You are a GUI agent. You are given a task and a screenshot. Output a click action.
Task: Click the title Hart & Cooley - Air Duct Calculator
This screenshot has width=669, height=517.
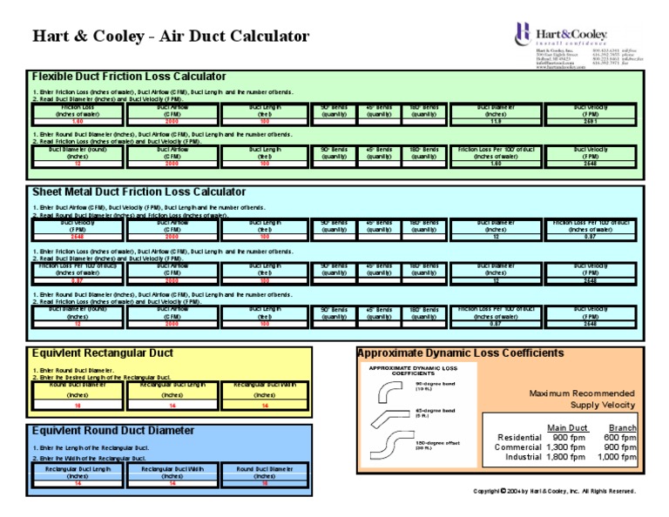tap(171, 37)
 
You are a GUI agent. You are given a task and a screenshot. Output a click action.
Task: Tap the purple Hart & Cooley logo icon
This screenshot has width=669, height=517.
tap(522, 32)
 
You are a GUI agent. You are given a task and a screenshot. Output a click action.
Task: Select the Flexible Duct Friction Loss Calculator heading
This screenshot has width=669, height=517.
tap(129, 77)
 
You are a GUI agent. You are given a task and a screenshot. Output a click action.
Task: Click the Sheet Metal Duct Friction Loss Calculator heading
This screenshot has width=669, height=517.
tap(139, 191)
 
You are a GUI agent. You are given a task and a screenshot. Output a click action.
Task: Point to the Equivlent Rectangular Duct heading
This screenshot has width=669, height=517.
tap(102, 353)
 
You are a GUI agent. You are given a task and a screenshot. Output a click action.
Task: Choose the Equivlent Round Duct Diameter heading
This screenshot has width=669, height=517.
tap(112, 431)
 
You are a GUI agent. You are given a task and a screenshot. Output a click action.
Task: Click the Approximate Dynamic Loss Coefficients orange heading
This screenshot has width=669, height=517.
tap(460, 353)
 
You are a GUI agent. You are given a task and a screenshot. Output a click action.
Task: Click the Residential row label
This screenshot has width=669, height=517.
tap(518, 437)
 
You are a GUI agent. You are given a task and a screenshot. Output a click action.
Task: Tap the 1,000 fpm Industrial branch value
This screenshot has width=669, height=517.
tap(616, 457)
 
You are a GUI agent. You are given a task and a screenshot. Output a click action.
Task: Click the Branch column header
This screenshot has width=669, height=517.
tap(622, 427)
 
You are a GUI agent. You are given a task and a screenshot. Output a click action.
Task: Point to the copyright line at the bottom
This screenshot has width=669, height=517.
tap(554, 491)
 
